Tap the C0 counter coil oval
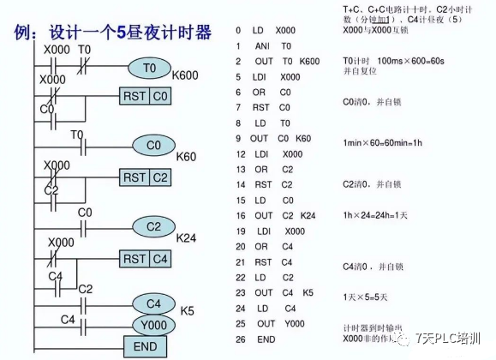coord(153,146)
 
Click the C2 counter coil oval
coord(153,226)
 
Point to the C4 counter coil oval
coord(153,303)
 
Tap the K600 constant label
coord(184,75)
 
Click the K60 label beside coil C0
coord(187,156)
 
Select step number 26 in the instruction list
coord(241,339)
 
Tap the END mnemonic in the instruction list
coord(266,339)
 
